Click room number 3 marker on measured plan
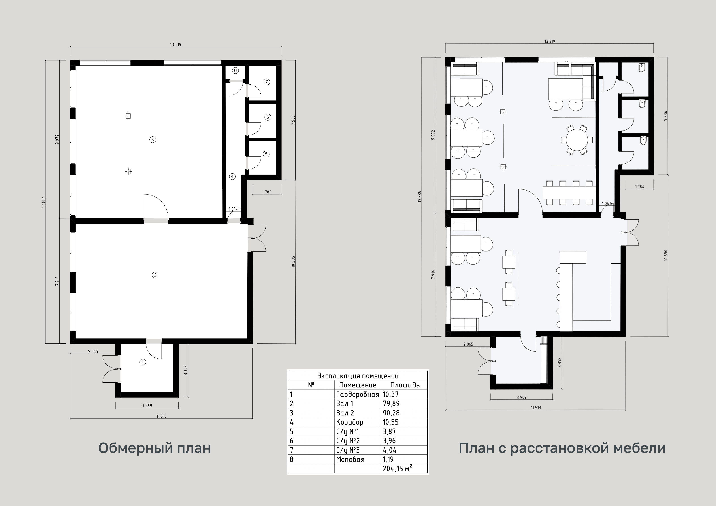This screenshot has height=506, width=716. (x=153, y=140)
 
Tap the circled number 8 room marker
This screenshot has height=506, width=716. (x=235, y=70)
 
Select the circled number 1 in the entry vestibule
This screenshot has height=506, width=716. (x=143, y=362)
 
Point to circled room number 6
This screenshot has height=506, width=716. (x=268, y=117)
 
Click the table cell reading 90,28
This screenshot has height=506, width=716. (x=391, y=413)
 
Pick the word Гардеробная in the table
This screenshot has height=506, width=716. (x=357, y=394)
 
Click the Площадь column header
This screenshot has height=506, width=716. (x=405, y=385)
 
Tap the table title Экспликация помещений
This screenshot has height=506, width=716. (x=358, y=376)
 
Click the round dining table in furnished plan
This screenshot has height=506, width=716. (x=577, y=140)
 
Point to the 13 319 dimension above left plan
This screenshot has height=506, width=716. (x=176, y=44)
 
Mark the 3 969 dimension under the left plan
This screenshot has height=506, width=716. (x=147, y=405)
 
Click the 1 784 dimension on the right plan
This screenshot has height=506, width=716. (x=640, y=187)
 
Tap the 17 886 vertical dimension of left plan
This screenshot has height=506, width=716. (x=43, y=202)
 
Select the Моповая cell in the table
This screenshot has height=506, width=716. (x=350, y=459)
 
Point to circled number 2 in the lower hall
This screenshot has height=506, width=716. (x=155, y=275)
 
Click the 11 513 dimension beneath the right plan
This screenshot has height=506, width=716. (x=536, y=408)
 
